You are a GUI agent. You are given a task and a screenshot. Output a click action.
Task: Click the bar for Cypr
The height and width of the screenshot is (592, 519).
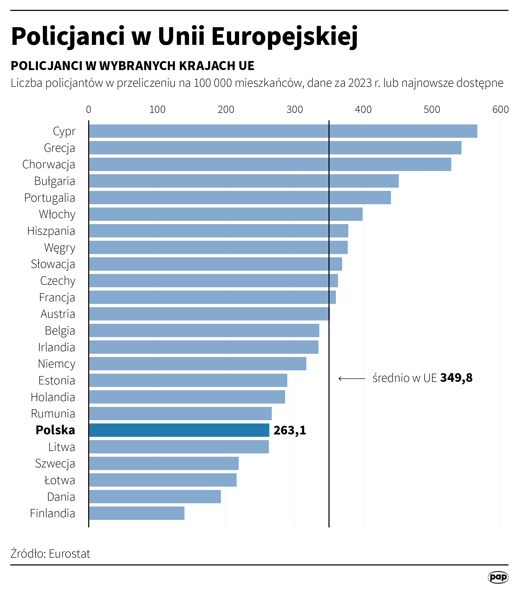(283, 131)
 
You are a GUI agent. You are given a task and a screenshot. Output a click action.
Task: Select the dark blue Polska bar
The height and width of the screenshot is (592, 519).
(179, 430)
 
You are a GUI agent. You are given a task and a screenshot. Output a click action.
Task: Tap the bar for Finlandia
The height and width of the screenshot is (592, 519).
(136, 513)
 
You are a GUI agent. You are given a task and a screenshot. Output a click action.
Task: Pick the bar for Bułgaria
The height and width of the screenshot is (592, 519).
(244, 181)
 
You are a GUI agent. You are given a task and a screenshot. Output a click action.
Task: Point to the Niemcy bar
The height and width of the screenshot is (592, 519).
(197, 364)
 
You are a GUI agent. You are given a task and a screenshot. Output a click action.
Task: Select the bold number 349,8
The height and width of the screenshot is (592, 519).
(456, 378)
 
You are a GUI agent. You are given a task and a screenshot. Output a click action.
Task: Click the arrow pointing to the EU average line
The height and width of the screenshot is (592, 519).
(351, 379)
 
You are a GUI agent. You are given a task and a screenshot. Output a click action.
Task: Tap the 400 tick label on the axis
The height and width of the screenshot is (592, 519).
(363, 109)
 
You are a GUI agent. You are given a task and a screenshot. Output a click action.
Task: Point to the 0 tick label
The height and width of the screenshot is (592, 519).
(88, 109)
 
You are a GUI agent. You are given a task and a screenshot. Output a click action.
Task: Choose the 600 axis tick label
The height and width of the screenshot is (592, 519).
(500, 109)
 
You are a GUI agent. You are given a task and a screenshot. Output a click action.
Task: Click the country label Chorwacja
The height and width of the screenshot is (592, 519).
(49, 165)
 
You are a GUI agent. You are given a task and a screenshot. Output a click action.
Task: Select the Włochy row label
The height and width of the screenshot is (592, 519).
(57, 214)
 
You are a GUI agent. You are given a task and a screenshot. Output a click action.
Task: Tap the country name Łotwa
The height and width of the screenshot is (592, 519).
(60, 480)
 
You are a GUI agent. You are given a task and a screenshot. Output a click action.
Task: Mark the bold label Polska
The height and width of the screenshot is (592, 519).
(55, 430)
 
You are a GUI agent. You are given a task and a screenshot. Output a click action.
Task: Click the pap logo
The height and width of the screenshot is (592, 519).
(498, 577)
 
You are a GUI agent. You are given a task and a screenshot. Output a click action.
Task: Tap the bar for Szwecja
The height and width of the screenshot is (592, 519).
(164, 463)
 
